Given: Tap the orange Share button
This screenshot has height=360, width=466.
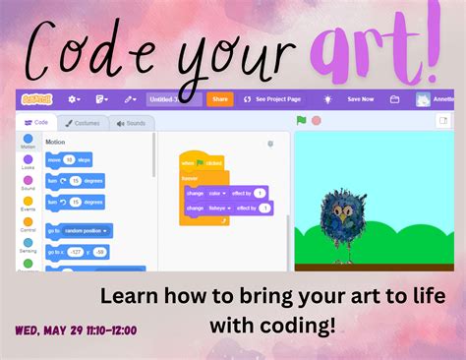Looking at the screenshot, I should click(220, 99).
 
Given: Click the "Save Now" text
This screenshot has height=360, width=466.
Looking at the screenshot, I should click(360, 99).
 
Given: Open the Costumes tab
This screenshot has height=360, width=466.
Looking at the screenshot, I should click(83, 123).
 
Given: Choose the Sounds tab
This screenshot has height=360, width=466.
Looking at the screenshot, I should click(131, 123).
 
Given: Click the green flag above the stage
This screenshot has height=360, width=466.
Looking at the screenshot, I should click(302, 121).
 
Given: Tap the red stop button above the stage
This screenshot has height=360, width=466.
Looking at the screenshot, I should click(317, 121).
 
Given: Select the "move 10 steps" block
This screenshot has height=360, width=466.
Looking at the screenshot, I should click(68, 159).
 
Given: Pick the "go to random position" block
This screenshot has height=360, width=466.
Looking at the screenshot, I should click(79, 230).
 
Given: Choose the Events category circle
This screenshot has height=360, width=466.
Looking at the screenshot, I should click(28, 203).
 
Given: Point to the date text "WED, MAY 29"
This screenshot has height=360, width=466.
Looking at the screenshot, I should click(44, 330).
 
